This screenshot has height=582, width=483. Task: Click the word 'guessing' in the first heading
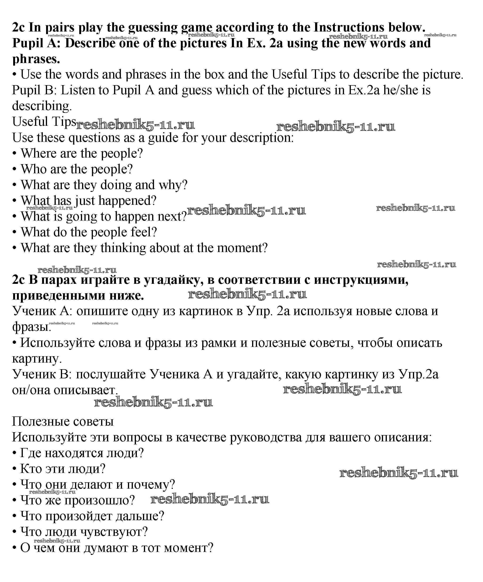click(153, 28)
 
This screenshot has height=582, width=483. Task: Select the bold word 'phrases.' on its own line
click(36, 59)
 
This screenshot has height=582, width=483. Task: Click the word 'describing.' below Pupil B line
click(42, 106)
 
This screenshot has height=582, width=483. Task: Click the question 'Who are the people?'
click(77, 169)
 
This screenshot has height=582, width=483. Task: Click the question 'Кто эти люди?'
click(63, 469)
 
